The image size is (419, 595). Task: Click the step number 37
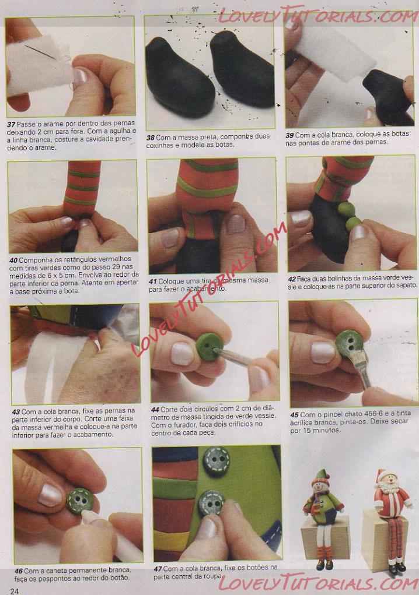(11, 124)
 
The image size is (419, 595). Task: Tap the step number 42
(292, 279)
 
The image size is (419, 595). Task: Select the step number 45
(294, 415)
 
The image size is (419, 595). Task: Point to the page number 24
(15, 591)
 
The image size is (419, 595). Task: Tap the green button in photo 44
(209, 346)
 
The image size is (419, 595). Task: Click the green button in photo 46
(80, 501)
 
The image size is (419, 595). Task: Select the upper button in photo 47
(216, 461)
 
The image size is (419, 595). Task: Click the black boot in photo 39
(388, 97)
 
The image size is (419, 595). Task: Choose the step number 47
(158, 569)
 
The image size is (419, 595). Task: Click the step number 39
(289, 135)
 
